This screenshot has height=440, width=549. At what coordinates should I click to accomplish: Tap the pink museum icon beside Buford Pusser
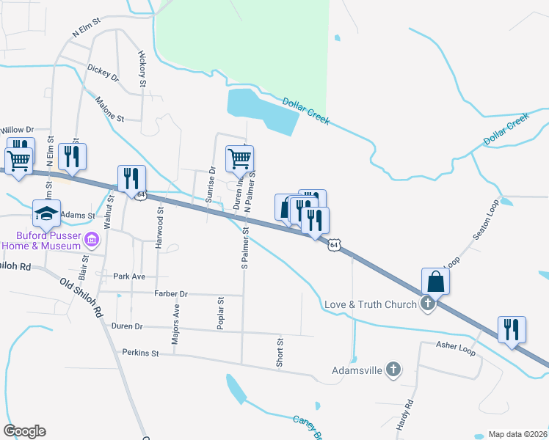click(92, 239)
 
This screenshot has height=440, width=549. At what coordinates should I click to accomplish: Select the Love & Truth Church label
click(371, 304)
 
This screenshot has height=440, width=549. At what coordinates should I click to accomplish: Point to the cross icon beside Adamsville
click(394, 370)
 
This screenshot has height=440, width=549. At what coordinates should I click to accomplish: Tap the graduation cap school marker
click(46, 213)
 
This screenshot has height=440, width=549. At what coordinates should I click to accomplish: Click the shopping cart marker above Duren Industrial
click(239, 158)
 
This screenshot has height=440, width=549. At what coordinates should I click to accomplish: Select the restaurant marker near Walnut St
click(131, 178)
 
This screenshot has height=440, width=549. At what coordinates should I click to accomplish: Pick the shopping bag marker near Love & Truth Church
click(436, 280)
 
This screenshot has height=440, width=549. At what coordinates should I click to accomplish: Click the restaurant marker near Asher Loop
click(512, 329)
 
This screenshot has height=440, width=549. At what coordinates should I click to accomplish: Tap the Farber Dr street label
click(171, 293)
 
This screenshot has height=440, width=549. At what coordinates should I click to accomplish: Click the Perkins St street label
click(141, 353)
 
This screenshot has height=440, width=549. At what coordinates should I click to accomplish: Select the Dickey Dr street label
click(103, 71)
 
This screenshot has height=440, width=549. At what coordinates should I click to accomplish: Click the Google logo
click(24, 431)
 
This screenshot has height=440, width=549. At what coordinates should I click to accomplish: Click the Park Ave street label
click(129, 276)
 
